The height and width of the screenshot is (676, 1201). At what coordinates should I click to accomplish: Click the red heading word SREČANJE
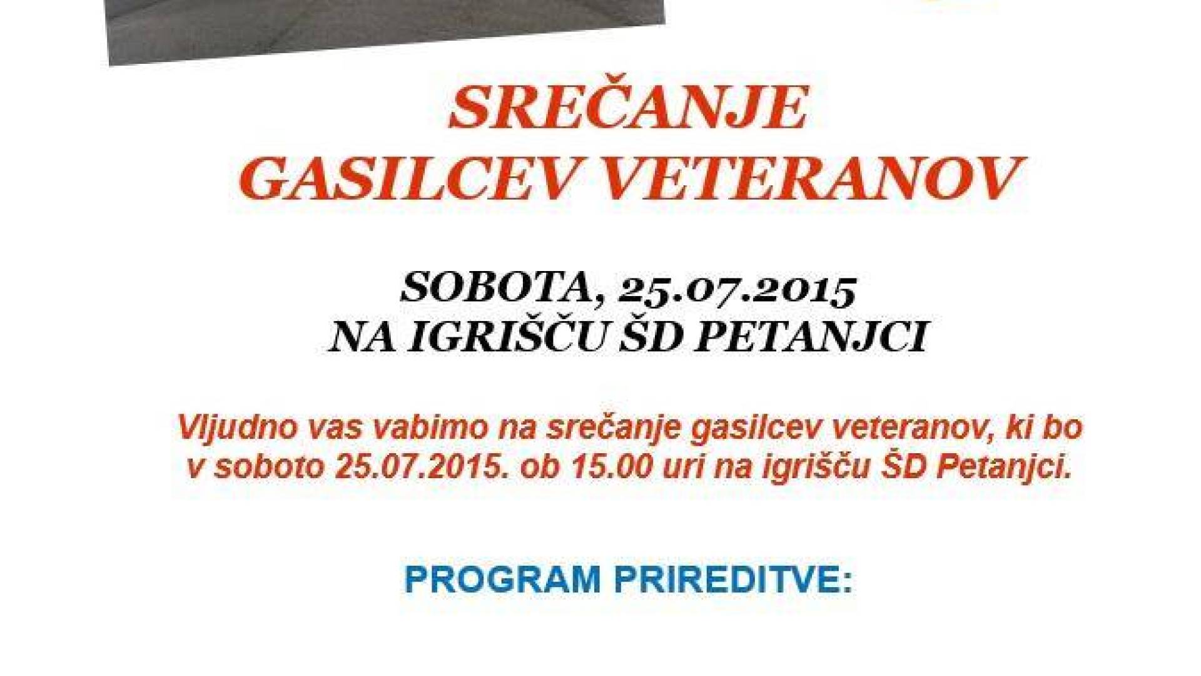(627, 109)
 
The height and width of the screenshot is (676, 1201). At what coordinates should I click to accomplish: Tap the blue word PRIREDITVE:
(733, 579)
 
